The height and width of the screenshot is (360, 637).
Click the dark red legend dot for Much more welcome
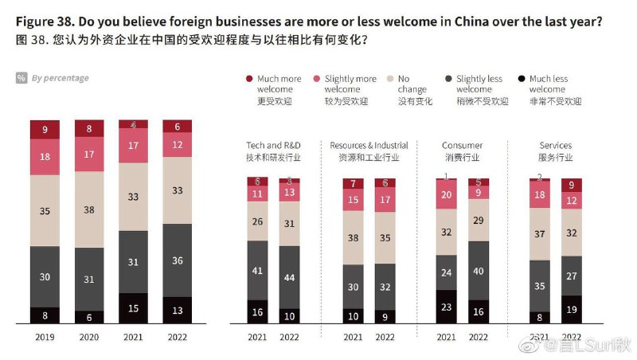point(249,79)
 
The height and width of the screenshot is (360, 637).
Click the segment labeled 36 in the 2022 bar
point(178,260)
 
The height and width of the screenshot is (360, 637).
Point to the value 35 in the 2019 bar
point(45,211)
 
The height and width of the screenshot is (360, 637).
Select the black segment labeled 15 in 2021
point(134,308)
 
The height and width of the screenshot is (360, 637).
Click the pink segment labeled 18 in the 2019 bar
point(45,158)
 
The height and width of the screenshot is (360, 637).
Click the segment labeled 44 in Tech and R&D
point(289,276)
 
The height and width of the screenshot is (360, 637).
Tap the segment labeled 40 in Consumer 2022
point(479,270)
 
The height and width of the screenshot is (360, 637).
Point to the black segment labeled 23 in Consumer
point(447,306)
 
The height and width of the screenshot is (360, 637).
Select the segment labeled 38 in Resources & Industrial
point(353,237)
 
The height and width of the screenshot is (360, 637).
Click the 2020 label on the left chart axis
point(89,337)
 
